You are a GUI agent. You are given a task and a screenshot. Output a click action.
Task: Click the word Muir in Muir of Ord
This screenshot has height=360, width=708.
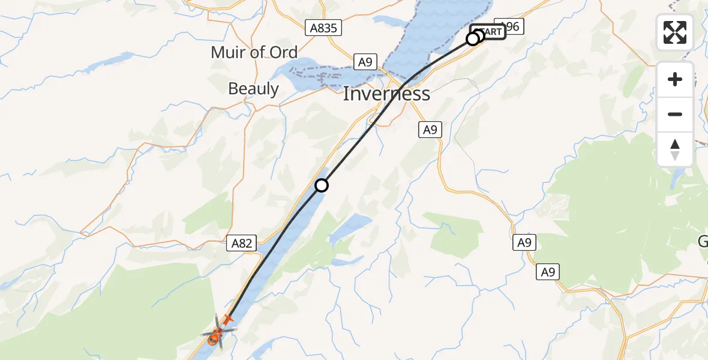pyautogui.click(x=227, y=53)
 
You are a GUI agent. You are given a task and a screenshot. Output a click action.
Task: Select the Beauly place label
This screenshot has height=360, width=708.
pyautogui.click(x=253, y=89)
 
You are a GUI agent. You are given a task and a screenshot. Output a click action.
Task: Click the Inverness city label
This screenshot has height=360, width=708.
pyautogui.click(x=386, y=94)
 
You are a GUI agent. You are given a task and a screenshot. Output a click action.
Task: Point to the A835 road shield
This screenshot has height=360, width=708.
pyautogui.click(x=323, y=28)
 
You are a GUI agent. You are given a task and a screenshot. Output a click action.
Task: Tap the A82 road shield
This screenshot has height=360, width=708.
pyautogui.click(x=243, y=244)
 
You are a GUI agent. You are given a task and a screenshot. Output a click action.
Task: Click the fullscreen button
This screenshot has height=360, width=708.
pyautogui.click(x=675, y=32)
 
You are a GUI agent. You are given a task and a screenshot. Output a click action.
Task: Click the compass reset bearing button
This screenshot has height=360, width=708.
pyautogui.click(x=675, y=149)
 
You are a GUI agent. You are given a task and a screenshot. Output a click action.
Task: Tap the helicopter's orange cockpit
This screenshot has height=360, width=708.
pyautogui.click(x=213, y=340)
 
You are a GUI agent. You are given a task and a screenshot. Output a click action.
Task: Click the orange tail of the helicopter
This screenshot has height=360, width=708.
pyautogui.click(x=228, y=318)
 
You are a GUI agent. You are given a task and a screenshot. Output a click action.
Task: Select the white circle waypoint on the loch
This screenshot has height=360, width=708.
pyautogui.click(x=322, y=185)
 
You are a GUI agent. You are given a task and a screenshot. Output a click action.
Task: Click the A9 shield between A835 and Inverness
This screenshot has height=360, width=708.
pyautogui.click(x=365, y=61)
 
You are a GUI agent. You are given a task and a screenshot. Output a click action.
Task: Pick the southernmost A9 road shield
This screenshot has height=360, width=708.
pyautogui.click(x=547, y=272)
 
